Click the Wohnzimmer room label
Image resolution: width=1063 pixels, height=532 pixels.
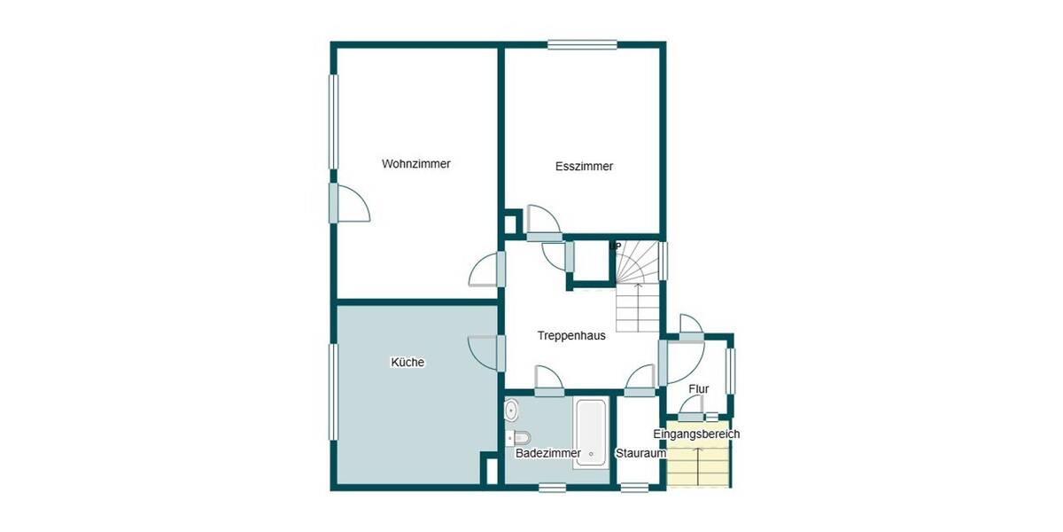[415, 164]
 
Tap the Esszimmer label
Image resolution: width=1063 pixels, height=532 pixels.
[584, 166]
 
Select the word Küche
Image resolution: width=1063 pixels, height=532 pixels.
[407, 362]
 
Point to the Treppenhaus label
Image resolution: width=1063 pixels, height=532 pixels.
[571, 336]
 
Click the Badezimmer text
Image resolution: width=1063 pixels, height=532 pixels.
[547, 453]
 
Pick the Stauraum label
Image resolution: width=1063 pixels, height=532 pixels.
[640, 453]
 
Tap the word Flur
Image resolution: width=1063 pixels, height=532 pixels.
[698, 388]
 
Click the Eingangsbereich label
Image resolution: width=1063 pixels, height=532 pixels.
[696, 434]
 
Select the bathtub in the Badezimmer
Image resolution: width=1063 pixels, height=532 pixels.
[590, 434]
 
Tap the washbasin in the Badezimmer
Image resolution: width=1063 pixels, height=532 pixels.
[511, 411]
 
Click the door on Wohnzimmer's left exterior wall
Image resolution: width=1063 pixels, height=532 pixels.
[334, 203]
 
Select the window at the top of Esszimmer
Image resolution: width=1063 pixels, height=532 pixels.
[582, 44]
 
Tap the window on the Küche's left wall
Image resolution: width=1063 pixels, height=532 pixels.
[334, 391]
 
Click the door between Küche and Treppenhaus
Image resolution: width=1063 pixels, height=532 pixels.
[500, 353]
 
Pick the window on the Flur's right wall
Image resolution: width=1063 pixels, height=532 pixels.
[731, 369]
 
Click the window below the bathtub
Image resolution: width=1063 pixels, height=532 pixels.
[553, 487]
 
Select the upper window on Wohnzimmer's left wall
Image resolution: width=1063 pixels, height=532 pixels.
[334, 120]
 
